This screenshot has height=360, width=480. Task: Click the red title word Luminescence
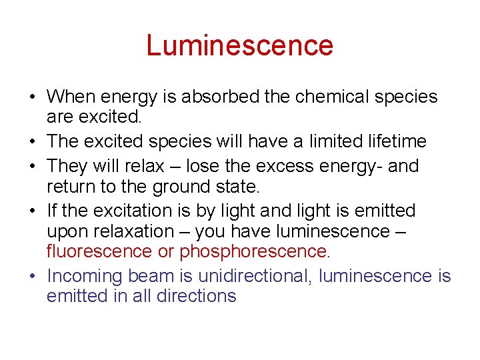click(x=239, y=45)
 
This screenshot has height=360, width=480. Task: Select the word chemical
click(x=330, y=97)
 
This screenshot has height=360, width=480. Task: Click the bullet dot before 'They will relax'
click(x=31, y=166)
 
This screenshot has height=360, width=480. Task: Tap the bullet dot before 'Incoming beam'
click(x=31, y=277)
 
